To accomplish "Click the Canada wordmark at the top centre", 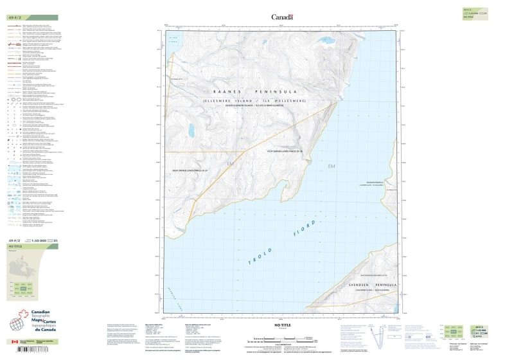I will (282, 17).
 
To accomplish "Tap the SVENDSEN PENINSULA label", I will (371, 283).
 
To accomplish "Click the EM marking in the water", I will (332, 167).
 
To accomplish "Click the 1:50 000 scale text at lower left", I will (40, 240).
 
